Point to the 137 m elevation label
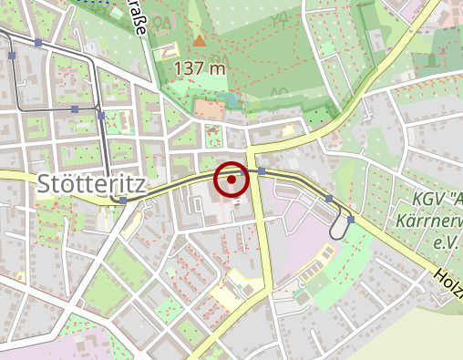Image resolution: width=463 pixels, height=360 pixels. (192, 68)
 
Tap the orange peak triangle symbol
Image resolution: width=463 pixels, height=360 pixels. (200, 40)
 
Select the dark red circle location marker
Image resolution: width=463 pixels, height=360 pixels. (231, 180)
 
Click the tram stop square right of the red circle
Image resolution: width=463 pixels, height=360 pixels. (262, 171)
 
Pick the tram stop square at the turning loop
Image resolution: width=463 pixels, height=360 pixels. (350, 220)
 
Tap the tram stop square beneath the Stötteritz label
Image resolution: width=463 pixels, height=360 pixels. (123, 200)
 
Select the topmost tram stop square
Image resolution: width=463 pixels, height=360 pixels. (37, 43)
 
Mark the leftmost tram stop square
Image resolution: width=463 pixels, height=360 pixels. (12, 56)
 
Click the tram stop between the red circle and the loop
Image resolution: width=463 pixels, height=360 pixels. (329, 198)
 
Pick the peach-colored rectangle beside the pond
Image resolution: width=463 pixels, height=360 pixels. (209, 110)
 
